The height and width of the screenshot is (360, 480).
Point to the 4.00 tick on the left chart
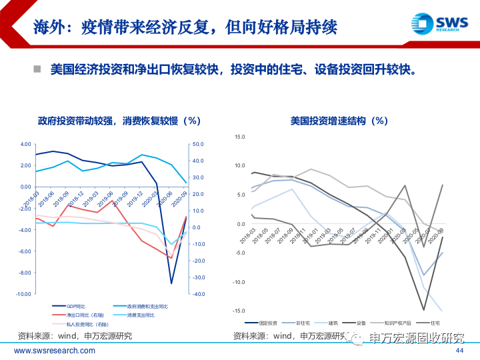pyautogui.click(x=25, y=144)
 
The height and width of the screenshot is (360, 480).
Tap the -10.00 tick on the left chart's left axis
pyautogui.click(x=23, y=294)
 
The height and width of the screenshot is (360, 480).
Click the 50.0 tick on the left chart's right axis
pyautogui.click(x=197, y=144)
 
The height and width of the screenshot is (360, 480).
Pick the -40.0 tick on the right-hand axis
pyautogui.click(x=197, y=294)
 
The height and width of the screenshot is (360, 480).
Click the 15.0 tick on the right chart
pyautogui.click(x=241, y=137)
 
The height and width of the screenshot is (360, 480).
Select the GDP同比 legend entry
pyautogui.click(x=76, y=305)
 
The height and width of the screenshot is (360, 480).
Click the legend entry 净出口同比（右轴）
pyautogui.click(x=82, y=315)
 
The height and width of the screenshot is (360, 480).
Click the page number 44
pyautogui.click(x=459, y=351)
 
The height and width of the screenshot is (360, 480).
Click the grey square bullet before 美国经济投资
pyautogui.click(x=38, y=69)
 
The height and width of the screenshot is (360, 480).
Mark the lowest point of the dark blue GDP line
pyautogui.click(x=171, y=283)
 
